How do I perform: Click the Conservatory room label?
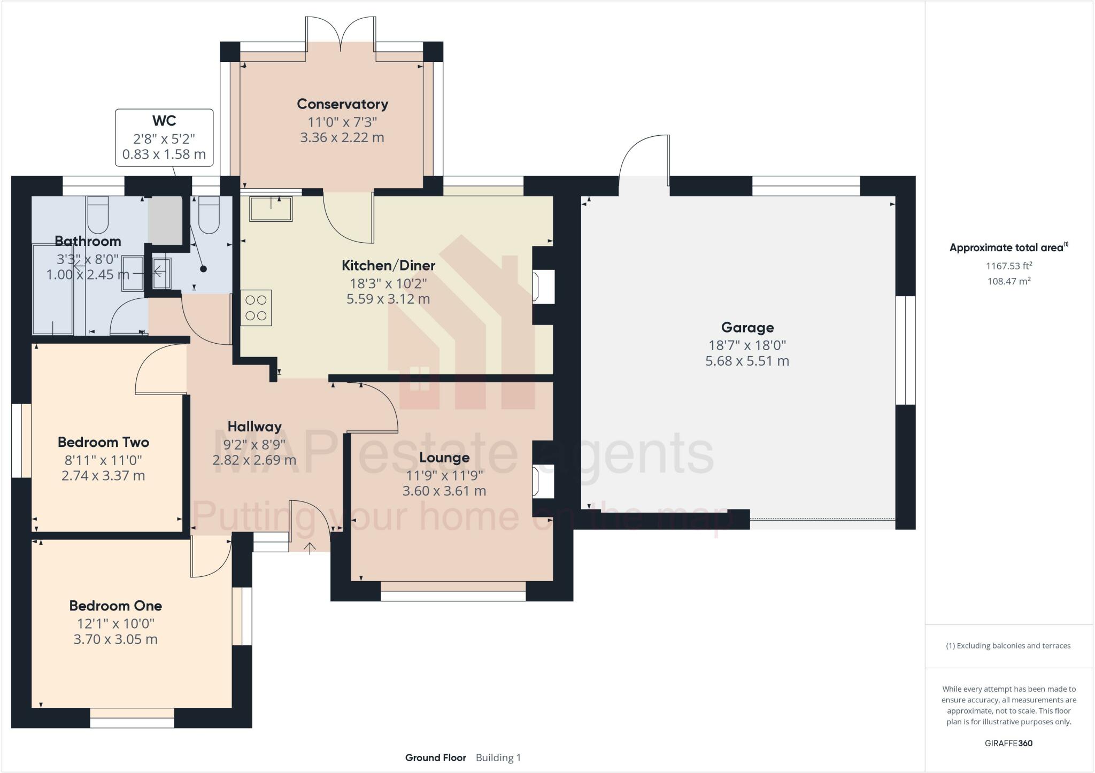coord(342,104)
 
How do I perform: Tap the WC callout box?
coord(164,137)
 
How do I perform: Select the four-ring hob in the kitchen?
coord(256,308)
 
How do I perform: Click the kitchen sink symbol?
coord(271,208)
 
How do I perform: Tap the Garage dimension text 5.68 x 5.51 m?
coord(747,361)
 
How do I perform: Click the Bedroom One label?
coord(115,606)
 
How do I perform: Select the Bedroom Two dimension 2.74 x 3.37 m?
coord(103,475)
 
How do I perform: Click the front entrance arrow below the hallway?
coord(310,547)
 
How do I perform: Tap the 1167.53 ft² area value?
coord(1008,266)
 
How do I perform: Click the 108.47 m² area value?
coord(1008,281)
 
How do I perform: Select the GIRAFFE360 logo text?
coord(1008,743)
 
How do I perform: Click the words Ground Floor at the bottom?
coord(435,757)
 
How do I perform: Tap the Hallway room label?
coord(255,427)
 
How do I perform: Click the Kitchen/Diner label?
coord(388,265)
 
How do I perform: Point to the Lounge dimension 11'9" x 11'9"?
coord(444,475)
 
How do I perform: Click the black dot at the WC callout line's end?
coord(203,269)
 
